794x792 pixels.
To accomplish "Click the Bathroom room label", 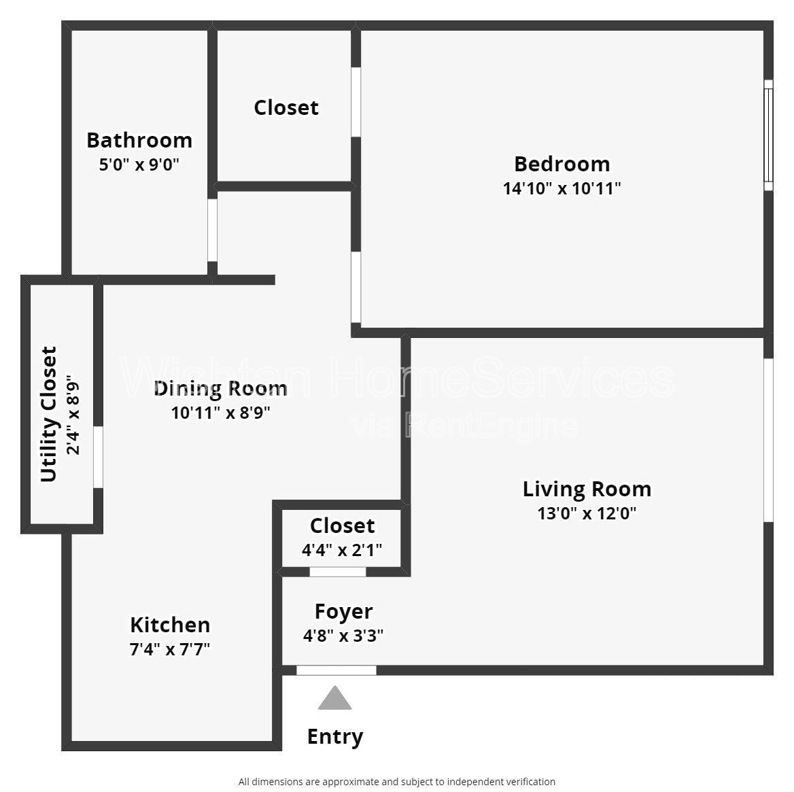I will coord(139,140).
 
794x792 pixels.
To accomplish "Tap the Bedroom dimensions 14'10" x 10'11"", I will coord(562,188).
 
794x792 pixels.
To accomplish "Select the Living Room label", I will coord(587,489).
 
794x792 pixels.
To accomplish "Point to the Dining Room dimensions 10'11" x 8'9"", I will coord(220,413).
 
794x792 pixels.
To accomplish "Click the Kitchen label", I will coord(170,625).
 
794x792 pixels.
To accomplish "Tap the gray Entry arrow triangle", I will coord(334,700).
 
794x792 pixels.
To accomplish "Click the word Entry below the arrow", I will coord(334,736).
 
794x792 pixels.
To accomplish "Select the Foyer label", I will coord(343,611).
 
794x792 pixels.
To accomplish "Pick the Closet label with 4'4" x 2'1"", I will coord(342,526).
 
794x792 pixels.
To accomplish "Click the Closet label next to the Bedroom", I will coord(286,107).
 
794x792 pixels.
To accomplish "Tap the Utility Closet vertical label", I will coord(49,414).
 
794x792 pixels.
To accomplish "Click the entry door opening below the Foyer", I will coord(336,670).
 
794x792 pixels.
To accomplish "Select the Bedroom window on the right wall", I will coord(768,135).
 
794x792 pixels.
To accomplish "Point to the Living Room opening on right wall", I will coord(768,440).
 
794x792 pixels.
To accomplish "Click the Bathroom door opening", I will coord(212,230).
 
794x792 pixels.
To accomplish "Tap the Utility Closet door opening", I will coord(98,457).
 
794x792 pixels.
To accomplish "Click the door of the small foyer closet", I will coord(338,572).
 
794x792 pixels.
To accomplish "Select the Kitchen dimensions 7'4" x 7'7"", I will coord(170,649).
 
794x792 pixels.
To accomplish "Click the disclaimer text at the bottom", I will coord(396,782).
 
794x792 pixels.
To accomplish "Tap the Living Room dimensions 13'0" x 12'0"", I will coord(587,513).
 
